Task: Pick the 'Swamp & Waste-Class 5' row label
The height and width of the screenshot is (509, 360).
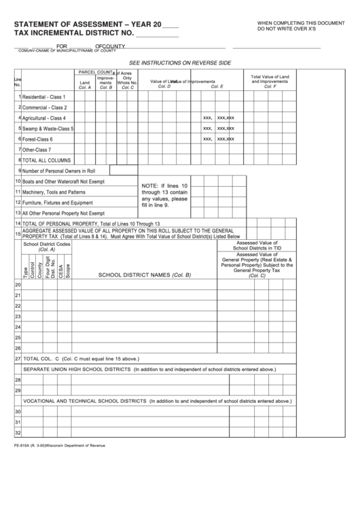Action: [48, 128]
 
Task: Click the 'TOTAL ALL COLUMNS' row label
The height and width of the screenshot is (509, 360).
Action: [47, 160]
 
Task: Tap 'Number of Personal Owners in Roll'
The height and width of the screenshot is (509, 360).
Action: [58, 171]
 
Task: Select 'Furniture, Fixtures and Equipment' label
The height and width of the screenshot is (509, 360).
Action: [58, 203]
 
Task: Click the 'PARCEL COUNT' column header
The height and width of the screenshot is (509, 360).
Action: [95, 71]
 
